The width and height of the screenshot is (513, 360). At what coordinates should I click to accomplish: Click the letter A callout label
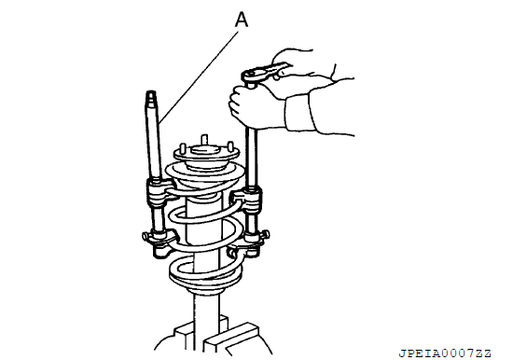click(x=242, y=20)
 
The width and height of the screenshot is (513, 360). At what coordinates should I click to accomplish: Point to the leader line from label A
click(x=199, y=77)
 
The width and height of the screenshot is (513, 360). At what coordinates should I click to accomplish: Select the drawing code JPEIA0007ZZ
click(x=445, y=353)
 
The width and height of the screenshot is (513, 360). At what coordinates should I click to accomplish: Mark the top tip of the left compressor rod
click(x=151, y=92)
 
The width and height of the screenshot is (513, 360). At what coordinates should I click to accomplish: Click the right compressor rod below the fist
click(x=251, y=158)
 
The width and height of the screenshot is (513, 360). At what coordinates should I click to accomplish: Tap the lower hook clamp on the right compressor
click(x=249, y=243)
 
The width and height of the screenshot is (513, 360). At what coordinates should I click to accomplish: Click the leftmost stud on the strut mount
click(x=183, y=149)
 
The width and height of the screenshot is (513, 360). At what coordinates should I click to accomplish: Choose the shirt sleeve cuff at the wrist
click(x=299, y=112)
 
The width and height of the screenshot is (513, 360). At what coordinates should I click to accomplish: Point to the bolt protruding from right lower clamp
click(x=267, y=234)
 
